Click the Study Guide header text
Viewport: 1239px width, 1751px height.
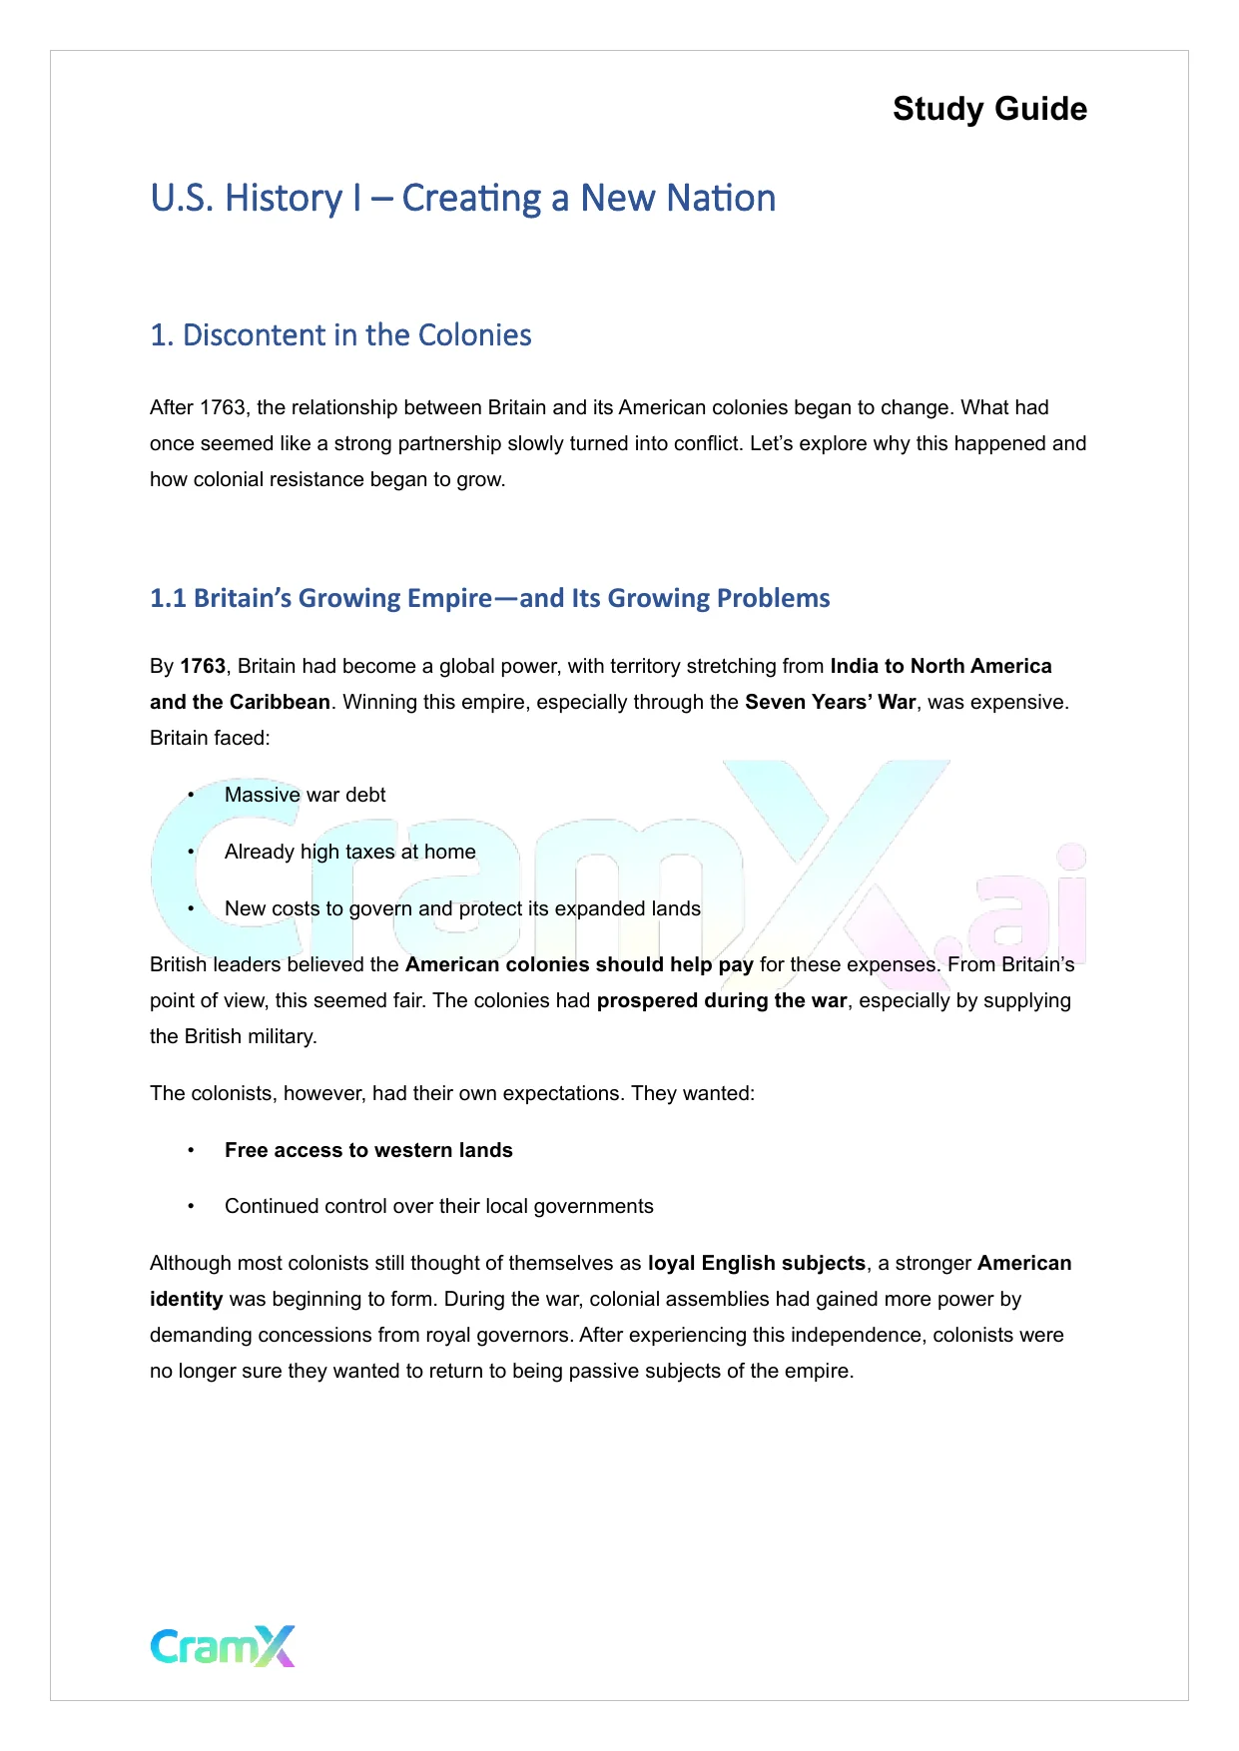click(x=988, y=109)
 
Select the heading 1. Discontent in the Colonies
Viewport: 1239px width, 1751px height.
click(x=340, y=334)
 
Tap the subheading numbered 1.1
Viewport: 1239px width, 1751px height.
click(x=489, y=598)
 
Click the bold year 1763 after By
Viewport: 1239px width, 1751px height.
click(x=203, y=666)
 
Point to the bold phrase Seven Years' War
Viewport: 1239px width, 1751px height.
click(x=830, y=702)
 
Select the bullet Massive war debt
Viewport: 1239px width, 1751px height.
click(x=305, y=795)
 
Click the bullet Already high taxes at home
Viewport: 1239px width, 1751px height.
click(x=349, y=852)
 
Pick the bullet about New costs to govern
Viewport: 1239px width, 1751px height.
click(x=461, y=908)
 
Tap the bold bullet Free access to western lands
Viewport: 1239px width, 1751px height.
click(x=368, y=1150)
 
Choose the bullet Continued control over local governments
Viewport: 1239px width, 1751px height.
click(x=438, y=1206)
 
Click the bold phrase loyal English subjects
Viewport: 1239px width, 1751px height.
click(x=756, y=1263)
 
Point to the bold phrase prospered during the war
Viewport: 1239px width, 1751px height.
click(x=721, y=1000)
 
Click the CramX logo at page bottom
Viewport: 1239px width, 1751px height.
click(x=223, y=1646)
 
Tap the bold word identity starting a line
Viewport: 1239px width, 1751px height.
click(x=186, y=1299)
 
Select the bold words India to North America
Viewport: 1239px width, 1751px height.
click(x=940, y=666)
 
